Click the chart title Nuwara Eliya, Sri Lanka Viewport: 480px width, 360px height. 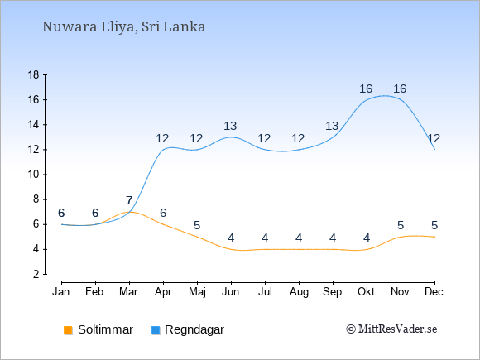123,27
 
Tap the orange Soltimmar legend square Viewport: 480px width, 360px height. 68,330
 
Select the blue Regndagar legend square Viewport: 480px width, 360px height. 156,330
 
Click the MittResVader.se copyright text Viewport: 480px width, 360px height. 391,329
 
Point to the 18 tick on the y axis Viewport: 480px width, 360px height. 33,75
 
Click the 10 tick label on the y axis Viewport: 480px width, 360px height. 33,175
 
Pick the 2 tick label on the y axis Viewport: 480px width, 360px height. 36,274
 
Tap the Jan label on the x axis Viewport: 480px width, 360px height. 61,292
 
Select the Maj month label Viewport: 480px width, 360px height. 197,292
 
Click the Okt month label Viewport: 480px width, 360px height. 366,292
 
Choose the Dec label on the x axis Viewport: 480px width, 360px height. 434,292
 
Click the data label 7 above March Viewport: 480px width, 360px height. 129,201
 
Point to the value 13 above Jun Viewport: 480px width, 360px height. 230,126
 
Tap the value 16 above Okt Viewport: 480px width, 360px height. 366,89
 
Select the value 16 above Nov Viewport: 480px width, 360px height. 400,89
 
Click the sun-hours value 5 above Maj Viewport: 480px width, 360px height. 197,226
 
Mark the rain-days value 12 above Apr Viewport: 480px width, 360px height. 162,139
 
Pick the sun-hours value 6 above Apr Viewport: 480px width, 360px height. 163,213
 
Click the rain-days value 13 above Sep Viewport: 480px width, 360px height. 332,126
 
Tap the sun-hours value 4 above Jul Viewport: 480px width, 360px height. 265,238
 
